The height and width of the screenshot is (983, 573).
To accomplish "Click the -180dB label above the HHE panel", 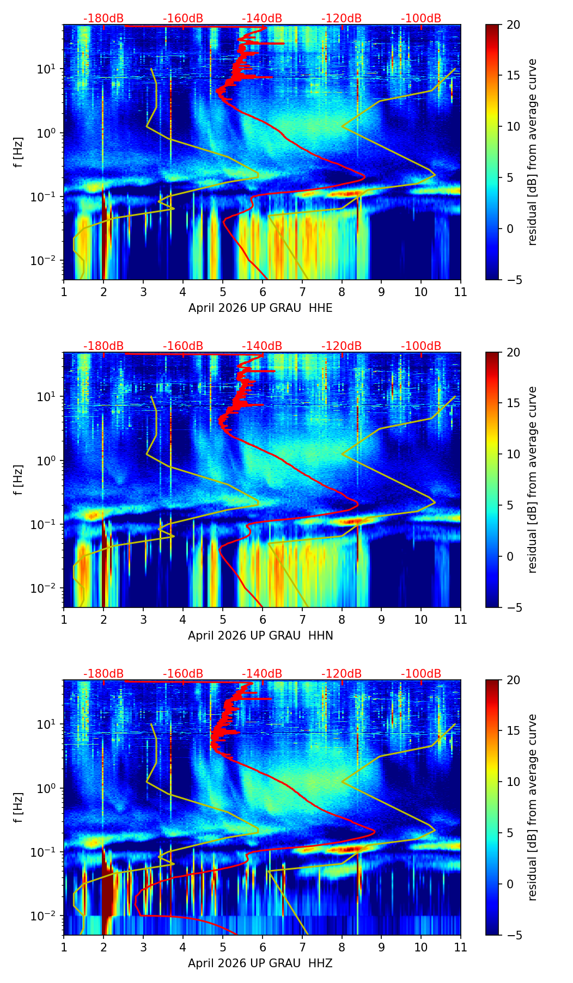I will pyautogui.click(x=103, y=19).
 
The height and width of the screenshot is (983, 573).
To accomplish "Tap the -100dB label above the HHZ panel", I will pyautogui.click(x=421, y=674).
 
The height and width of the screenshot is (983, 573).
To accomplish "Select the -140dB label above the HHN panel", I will pyautogui.click(x=262, y=346).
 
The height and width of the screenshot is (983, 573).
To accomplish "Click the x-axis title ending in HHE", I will pyautogui.click(x=260, y=308).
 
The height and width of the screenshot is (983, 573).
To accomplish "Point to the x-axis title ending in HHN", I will pyautogui.click(x=260, y=636).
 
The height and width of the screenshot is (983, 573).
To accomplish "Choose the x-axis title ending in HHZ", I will pyautogui.click(x=260, y=963).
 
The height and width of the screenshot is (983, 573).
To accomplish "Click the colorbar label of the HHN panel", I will pyautogui.click(x=533, y=480).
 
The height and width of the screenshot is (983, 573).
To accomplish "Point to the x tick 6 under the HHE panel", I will pyautogui.click(x=263, y=292).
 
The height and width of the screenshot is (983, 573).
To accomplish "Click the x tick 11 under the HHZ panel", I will pyautogui.click(x=461, y=947).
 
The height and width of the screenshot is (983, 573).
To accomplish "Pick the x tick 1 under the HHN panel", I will pyautogui.click(x=64, y=619).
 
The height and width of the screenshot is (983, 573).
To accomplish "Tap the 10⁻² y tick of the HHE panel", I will pyautogui.click(x=47, y=261).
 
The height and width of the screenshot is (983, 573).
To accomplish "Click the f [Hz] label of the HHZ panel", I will pyautogui.click(x=19, y=808).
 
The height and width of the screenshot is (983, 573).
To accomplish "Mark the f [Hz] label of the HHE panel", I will pyautogui.click(x=19, y=152).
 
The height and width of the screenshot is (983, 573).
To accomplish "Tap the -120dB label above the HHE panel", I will pyautogui.click(x=342, y=19).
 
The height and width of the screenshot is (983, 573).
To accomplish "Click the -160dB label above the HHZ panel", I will pyautogui.click(x=183, y=674).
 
